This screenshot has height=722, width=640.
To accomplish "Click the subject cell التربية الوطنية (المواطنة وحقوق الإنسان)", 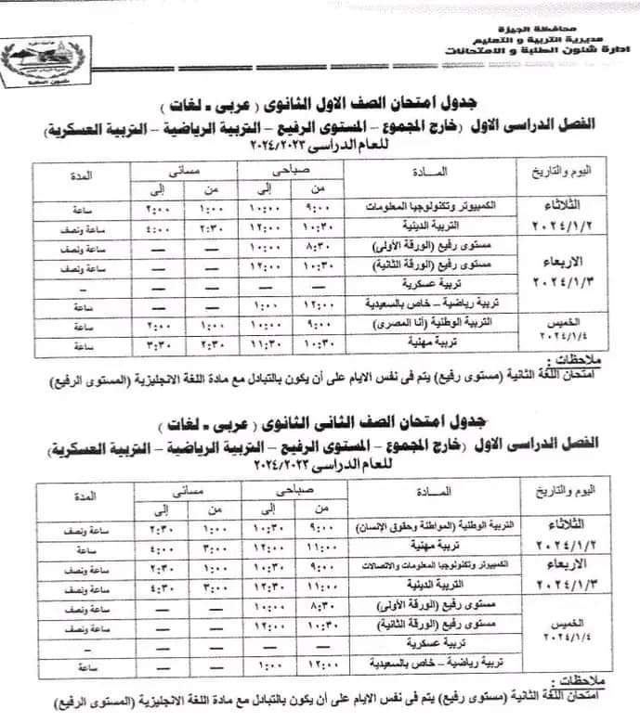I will [411, 527].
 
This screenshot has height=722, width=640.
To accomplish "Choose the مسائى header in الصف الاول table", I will [187, 169].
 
